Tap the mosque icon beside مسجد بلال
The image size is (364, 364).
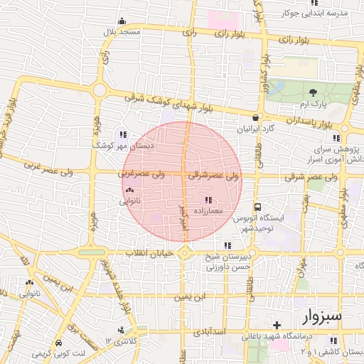122,21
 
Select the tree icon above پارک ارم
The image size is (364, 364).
314,92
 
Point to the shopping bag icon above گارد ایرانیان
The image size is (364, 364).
255,118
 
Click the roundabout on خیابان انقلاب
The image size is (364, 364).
185,252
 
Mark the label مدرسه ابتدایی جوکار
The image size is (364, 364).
324,13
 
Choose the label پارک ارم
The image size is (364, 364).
314,104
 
